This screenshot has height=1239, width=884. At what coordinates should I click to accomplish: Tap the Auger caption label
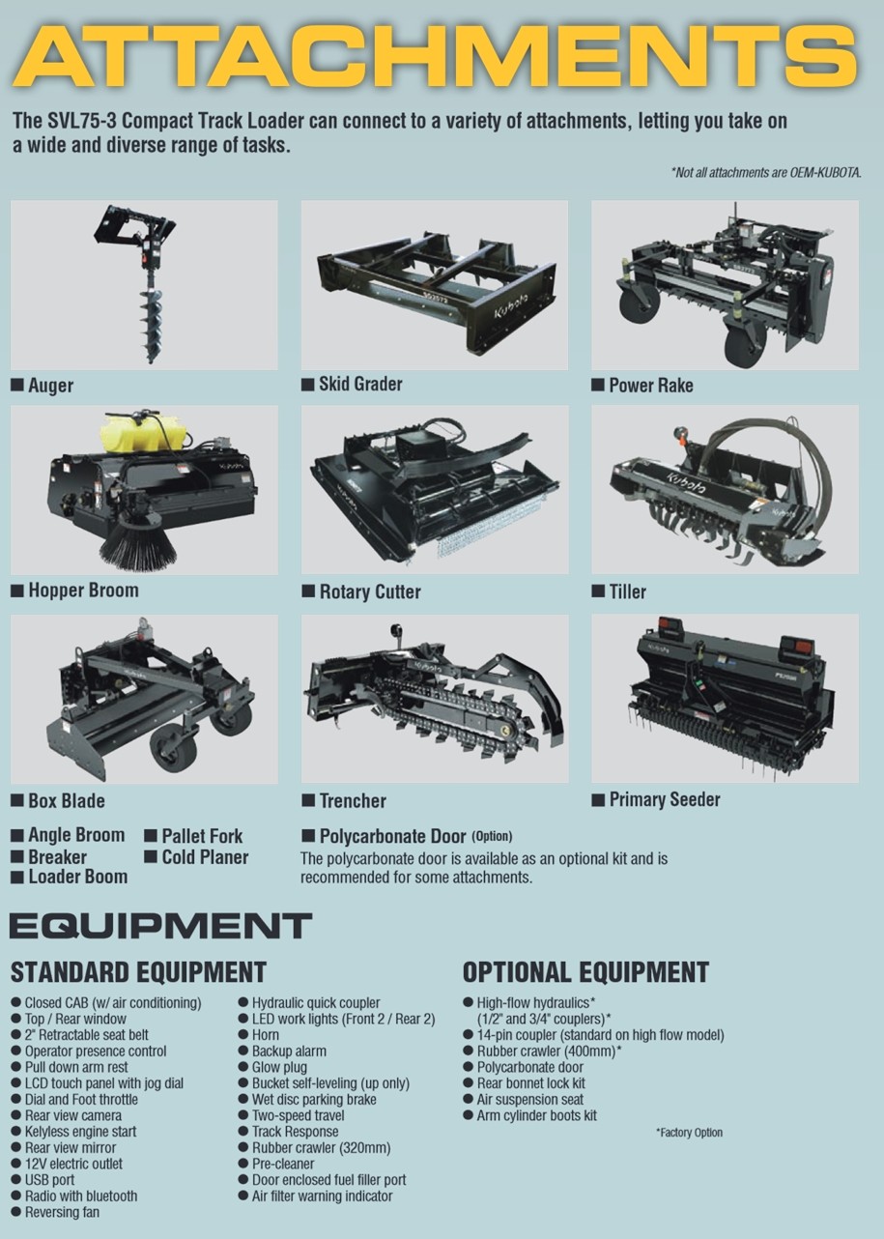coord(50,385)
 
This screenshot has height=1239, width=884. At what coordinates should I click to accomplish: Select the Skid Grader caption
coord(360,384)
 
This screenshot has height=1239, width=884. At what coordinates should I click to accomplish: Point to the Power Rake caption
coord(651,385)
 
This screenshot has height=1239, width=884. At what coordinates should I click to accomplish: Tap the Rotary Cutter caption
coord(370,591)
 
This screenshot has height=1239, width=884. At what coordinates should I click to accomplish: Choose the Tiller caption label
coord(627,591)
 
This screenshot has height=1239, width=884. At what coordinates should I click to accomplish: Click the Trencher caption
coord(353,800)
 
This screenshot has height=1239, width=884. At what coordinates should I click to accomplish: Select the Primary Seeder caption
coord(665,799)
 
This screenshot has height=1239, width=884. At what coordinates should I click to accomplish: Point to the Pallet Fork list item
coord(202,836)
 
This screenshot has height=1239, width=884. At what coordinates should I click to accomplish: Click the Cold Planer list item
coord(205,857)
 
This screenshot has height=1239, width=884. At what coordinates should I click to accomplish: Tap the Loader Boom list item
coord(78,877)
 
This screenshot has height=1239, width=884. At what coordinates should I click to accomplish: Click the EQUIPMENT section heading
coord(161,926)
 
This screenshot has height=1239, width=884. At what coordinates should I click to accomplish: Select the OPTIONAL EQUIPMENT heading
coord(585,972)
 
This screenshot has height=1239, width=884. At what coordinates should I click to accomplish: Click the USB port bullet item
coord(49,1180)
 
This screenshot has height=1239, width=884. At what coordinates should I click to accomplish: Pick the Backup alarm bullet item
coord(289,1051)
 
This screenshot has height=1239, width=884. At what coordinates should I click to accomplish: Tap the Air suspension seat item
coord(529,1099)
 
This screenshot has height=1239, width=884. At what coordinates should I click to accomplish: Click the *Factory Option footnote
coord(689,1133)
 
